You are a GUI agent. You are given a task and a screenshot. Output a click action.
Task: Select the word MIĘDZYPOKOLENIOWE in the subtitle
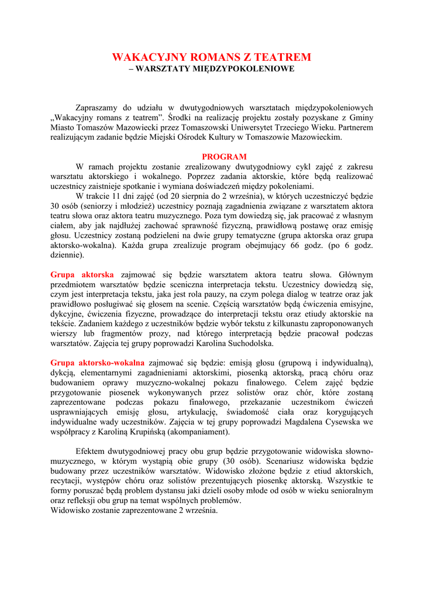[x=247, y=69]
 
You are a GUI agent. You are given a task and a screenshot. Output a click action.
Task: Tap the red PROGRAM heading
[x=224, y=157]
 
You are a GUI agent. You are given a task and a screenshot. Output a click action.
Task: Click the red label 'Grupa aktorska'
[x=82, y=274]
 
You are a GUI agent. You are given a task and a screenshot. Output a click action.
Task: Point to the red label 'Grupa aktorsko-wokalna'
[x=97, y=363]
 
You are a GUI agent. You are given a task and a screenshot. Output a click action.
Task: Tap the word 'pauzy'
[x=222, y=294]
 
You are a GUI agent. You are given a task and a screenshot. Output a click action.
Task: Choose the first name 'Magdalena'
[x=299, y=422]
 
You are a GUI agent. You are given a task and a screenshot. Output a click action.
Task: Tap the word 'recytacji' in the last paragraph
[x=69, y=481]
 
